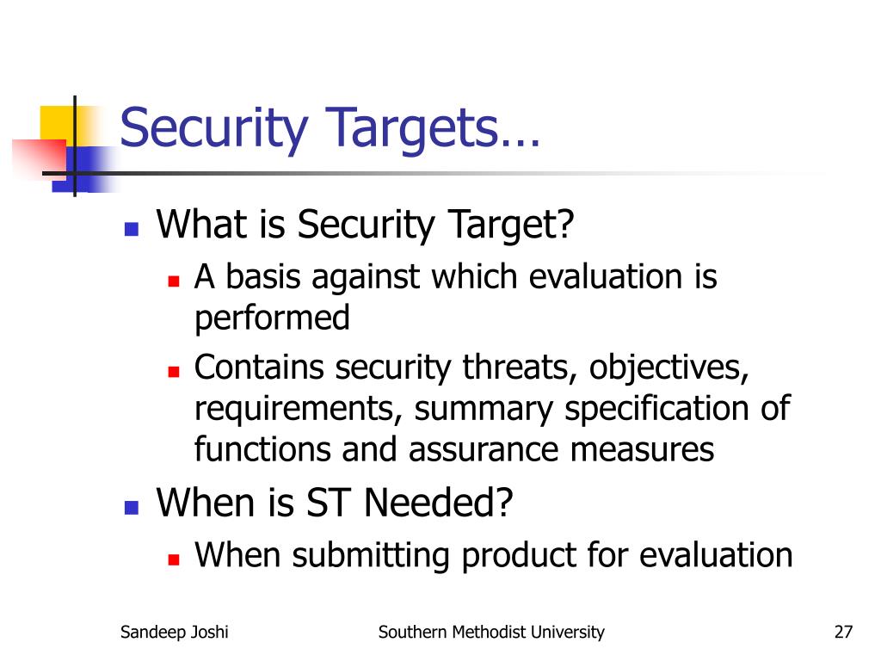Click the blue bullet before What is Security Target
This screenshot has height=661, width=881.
click(131, 229)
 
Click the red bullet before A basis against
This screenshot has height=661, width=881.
click(173, 281)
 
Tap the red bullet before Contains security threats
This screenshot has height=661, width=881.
click(173, 371)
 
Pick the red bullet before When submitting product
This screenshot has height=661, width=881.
click(173, 559)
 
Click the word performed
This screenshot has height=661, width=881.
click(272, 319)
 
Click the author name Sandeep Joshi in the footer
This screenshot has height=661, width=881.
click(175, 633)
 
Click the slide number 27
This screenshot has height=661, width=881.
click(842, 633)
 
